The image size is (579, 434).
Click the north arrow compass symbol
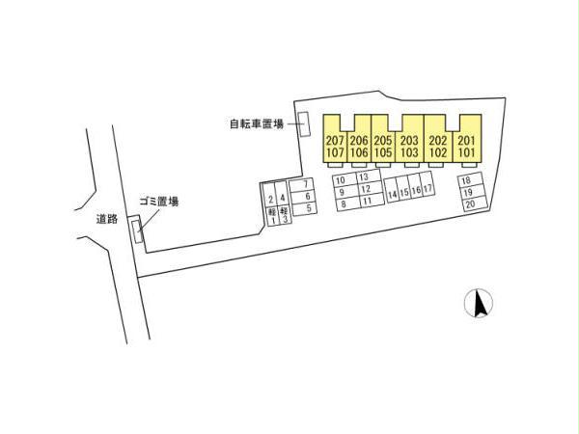point(479,304)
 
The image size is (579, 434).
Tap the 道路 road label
point(107,219)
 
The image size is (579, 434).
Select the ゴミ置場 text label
point(159,202)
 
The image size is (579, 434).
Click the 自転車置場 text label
point(257,124)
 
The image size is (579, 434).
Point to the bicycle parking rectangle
point(304,124)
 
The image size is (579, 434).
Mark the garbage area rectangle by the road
point(137,231)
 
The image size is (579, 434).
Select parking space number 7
point(303,184)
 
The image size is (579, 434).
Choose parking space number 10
point(345,180)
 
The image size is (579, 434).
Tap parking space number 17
point(427,188)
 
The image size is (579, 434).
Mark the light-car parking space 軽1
point(272,217)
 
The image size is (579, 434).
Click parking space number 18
point(470,180)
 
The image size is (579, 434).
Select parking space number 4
point(283,195)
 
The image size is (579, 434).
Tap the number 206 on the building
point(359,140)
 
